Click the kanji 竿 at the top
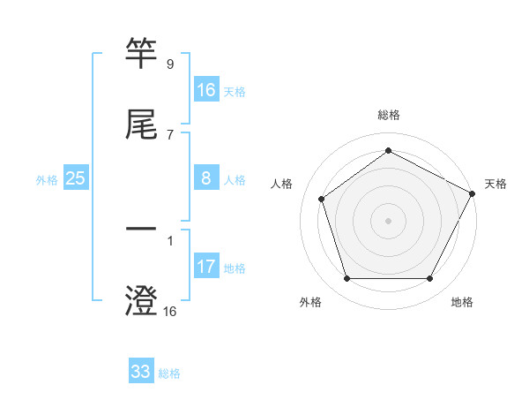point(141,55)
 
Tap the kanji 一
point(141,231)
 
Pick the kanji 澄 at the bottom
point(141,301)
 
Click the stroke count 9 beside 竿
point(169,64)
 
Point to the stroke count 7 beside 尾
point(169,134)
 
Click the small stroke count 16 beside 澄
point(169,311)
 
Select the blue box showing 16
point(205,90)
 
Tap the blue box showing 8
point(205,178)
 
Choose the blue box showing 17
point(205,267)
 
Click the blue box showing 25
point(75,178)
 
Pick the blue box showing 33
point(140,372)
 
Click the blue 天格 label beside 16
point(235,92)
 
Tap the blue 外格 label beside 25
point(47,180)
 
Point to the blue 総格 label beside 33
point(169,373)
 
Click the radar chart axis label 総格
point(389,115)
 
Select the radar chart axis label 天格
point(495,184)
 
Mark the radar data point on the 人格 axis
point(322,199)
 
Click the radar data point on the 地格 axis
point(430,279)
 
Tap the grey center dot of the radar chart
point(389,221)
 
